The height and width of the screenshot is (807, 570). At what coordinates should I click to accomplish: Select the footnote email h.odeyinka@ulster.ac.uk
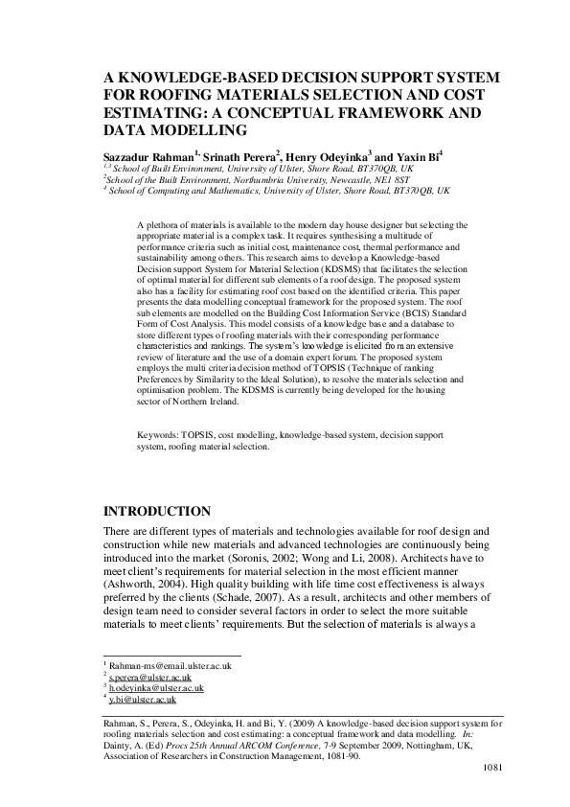click(156, 687)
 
